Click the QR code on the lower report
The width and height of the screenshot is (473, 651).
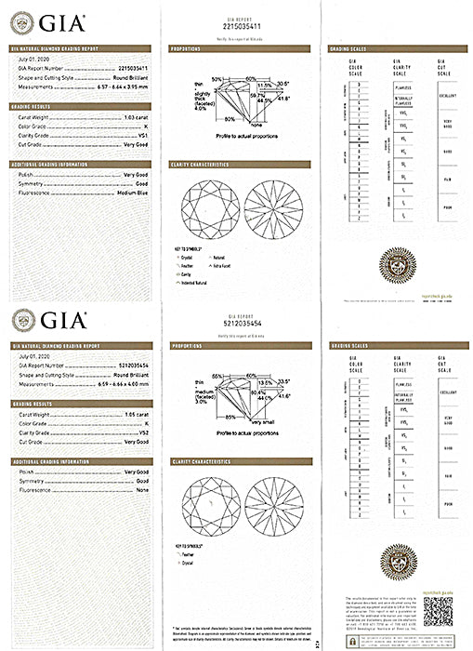tap(439, 614)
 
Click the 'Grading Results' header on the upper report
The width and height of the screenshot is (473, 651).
tap(33, 107)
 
